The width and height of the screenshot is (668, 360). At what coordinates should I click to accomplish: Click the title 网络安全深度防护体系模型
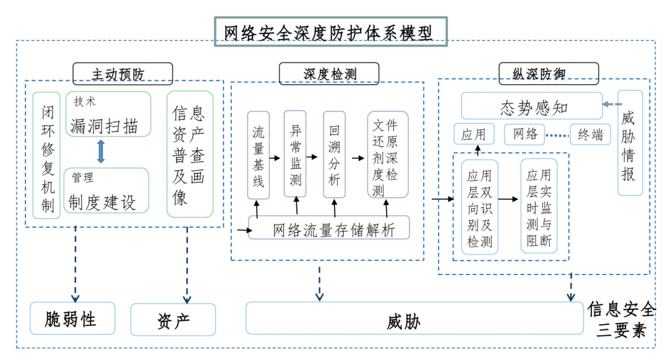click(x=328, y=32)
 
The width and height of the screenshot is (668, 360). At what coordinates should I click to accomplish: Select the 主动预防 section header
click(x=122, y=74)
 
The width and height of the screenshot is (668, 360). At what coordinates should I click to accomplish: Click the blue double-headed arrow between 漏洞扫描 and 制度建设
click(x=101, y=152)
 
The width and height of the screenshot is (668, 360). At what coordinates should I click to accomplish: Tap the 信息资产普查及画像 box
click(x=189, y=154)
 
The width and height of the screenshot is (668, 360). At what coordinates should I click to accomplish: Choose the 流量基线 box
click(x=259, y=155)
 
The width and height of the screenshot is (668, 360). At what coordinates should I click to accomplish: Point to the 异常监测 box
click(x=295, y=154)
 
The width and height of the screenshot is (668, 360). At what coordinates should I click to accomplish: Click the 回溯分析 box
click(x=334, y=154)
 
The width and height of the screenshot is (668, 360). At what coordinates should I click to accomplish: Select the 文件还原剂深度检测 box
click(x=387, y=155)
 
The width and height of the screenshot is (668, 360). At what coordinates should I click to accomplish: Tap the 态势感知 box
click(x=531, y=106)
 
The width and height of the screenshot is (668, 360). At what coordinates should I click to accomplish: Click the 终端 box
click(x=589, y=134)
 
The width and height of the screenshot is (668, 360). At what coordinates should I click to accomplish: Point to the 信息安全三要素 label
click(x=620, y=319)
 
